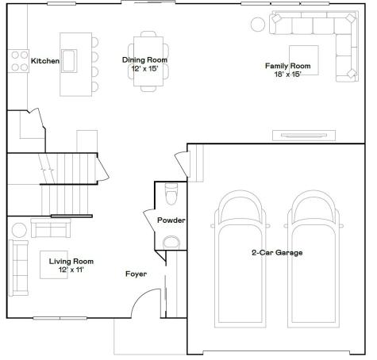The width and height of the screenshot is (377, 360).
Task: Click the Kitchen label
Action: click(x=45, y=61)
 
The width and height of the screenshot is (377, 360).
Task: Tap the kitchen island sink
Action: click(x=69, y=61)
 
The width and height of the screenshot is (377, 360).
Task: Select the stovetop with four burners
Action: click(x=18, y=61)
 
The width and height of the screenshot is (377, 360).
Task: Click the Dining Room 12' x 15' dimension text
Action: click(x=144, y=69)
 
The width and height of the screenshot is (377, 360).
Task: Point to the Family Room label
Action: click(x=288, y=66)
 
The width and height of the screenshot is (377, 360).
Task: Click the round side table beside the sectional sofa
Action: click(x=258, y=25)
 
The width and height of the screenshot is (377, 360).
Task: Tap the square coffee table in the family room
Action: click(x=304, y=60)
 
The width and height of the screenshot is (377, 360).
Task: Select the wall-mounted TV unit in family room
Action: click(x=304, y=136)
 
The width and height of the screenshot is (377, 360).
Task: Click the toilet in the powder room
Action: click(x=171, y=194)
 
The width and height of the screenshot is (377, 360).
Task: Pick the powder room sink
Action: click(x=171, y=243)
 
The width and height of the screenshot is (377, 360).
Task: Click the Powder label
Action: click(x=171, y=220)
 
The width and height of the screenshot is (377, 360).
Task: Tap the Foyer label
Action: click(x=136, y=274)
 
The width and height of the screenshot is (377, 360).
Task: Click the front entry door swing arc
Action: click(x=141, y=297)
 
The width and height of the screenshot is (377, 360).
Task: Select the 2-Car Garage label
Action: click(x=277, y=253)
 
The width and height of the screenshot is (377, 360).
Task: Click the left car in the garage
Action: click(x=240, y=259)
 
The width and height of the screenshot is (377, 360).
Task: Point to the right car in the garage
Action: click(x=314, y=259)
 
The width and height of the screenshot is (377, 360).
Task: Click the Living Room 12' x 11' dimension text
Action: click(x=71, y=270)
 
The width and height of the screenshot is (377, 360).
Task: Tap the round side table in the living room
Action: click(x=19, y=230)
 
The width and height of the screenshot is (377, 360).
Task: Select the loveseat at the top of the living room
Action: click(x=51, y=228)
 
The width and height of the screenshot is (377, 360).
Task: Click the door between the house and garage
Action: click(x=183, y=164)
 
